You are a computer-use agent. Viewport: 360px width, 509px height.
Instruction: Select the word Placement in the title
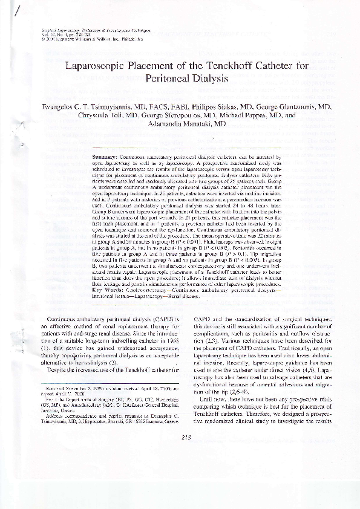[x=149, y=66]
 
